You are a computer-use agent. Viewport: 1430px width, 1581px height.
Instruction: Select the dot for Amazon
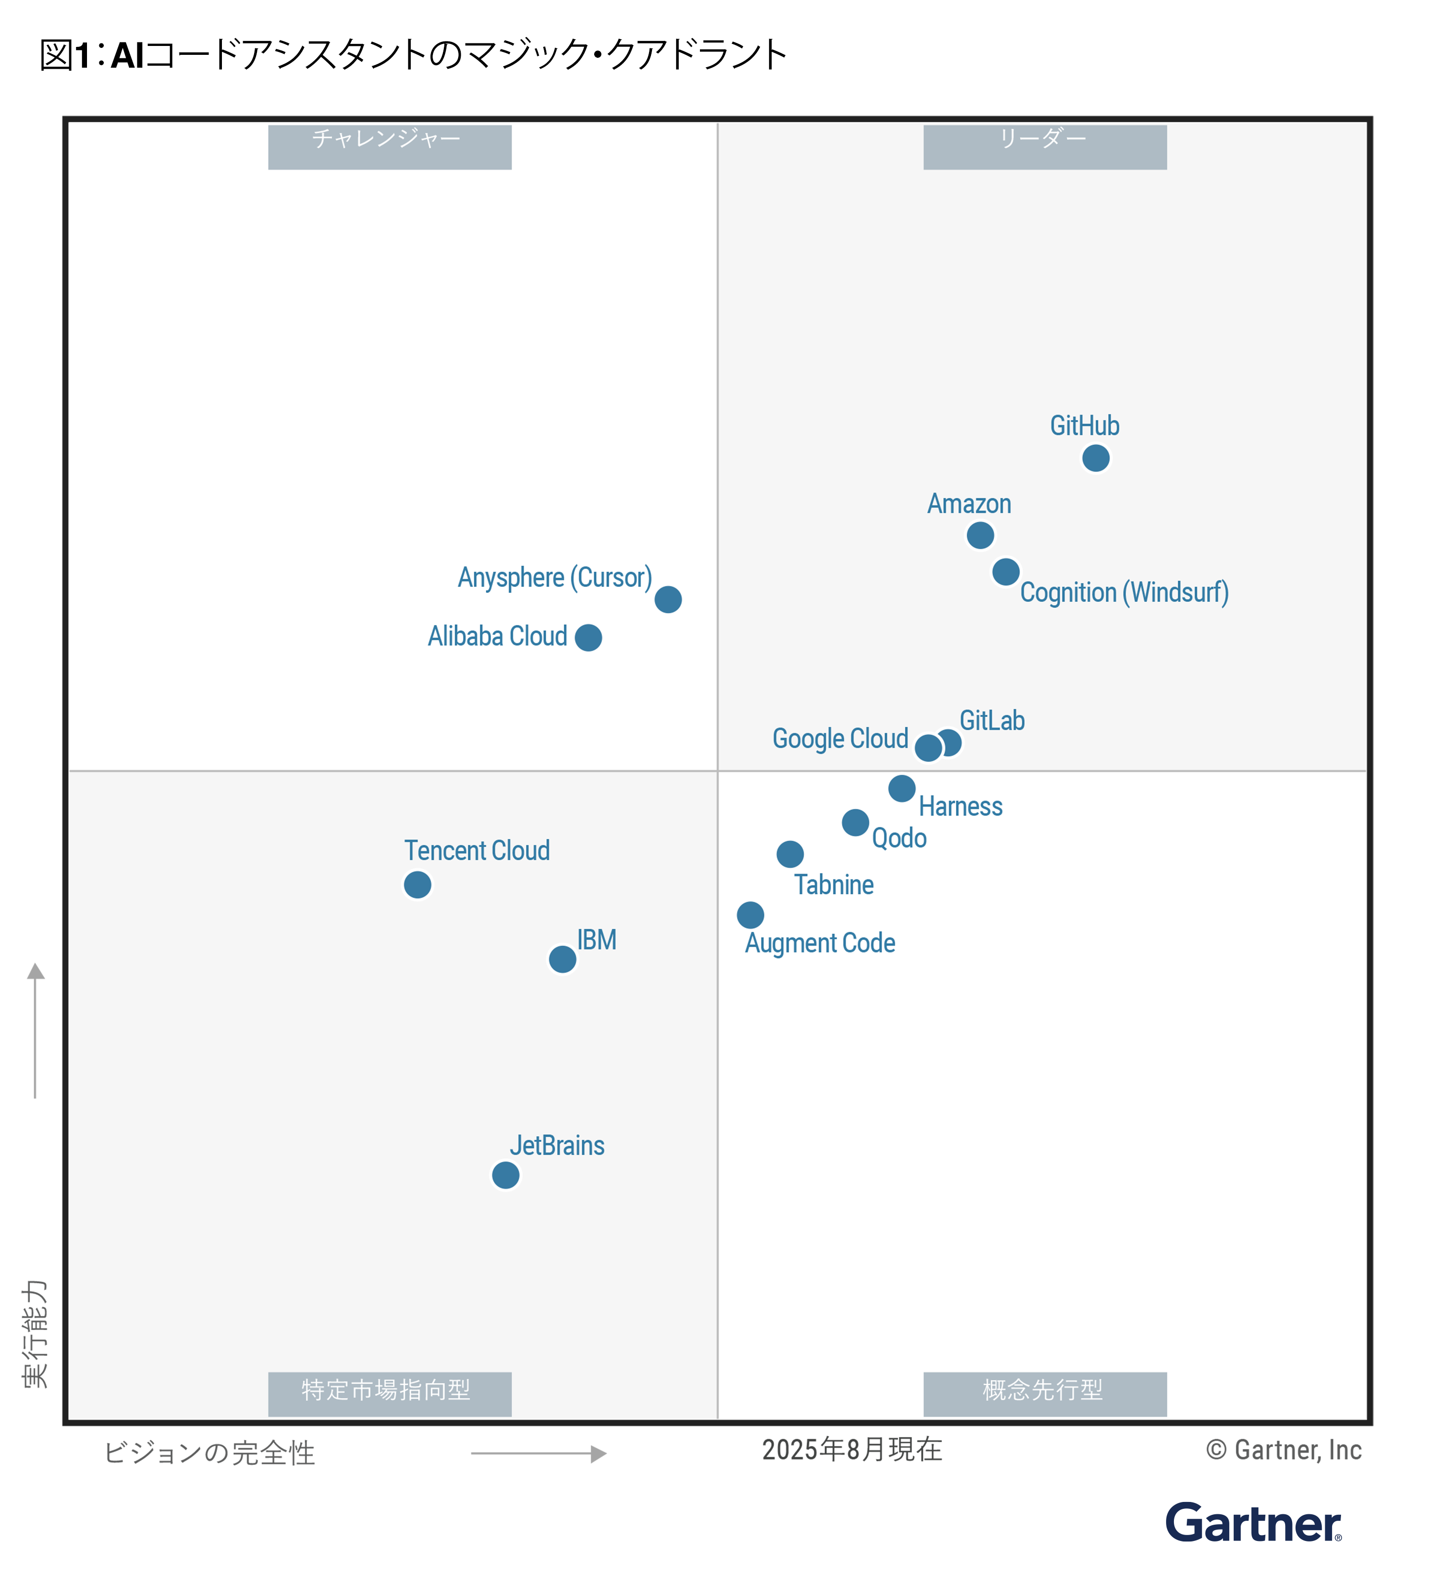point(980,536)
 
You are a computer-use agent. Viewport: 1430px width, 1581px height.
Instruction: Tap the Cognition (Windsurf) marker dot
point(1005,572)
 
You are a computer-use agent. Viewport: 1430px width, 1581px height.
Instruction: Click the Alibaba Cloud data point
point(588,637)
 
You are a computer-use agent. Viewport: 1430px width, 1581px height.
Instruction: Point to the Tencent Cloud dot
point(417,884)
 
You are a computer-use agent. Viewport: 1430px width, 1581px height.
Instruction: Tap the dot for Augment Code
point(750,915)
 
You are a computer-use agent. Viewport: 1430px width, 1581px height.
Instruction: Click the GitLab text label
point(992,720)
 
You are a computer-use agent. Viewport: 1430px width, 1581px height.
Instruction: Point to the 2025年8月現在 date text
point(851,1449)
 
